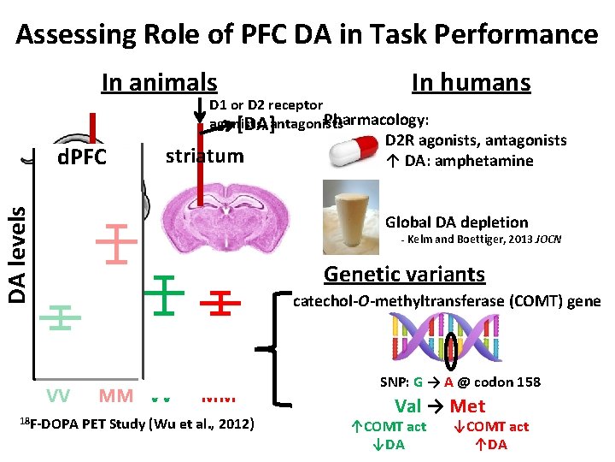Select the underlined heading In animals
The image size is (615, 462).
pyautogui.click(x=159, y=83)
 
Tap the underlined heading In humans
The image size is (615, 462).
pyautogui.click(x=471, y=83)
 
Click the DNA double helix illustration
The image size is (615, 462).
pyautogui.click(x=453, y=337)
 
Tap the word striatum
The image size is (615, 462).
pyautogui.click(x=204, y=156)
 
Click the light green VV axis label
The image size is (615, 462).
pyautogui.click(x=58, y=395)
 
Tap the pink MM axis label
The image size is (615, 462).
pyautogui.click(x=115, y=396)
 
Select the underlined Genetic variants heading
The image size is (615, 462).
pyautogui.click(x=404, y=275)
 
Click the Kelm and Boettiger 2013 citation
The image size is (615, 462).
pyautogui.click(x=481, y=240)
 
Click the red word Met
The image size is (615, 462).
pyautogui.click(x=467, y=406)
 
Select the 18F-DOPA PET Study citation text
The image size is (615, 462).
pyautogui.click(x=134, y=423)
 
